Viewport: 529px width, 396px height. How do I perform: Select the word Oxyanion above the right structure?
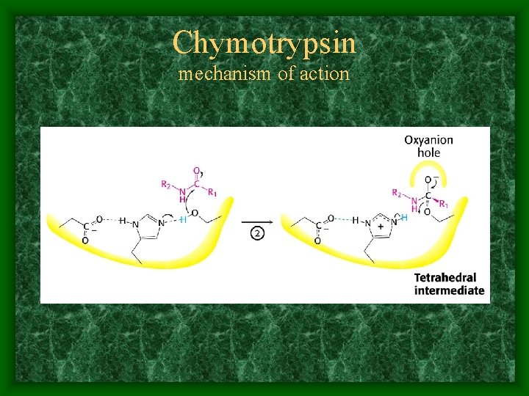(428, 139)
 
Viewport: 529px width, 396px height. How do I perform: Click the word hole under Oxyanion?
(428, 153)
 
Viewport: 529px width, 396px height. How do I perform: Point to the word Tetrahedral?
(445, 278)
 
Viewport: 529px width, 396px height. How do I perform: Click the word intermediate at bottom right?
(449, 290)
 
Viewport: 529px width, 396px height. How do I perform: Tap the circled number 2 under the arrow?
(258, 234)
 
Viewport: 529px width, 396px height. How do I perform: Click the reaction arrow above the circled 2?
(258, 221)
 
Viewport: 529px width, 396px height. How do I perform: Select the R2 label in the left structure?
(168, 184)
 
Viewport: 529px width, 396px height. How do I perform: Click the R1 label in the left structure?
(212, 193)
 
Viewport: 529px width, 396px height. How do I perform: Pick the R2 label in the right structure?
(397, 194)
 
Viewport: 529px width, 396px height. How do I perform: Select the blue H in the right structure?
(404, 218)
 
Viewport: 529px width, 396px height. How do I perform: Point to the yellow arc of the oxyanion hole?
(428, 170)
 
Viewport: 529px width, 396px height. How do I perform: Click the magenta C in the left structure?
(195, 185)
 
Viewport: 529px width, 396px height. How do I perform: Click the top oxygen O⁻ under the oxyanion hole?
(428, 180)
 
